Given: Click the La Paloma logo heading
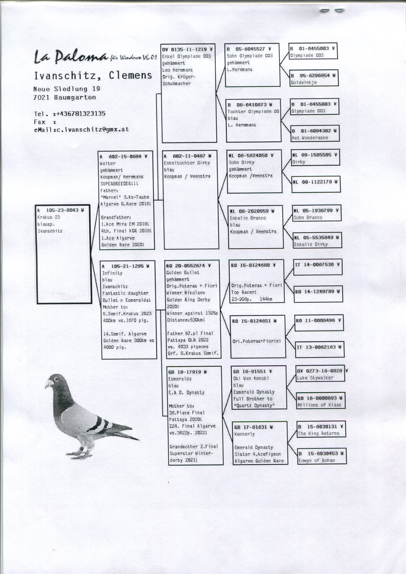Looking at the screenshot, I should (x=70, y=56).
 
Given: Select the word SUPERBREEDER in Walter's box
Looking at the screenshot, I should (x=117, y=184).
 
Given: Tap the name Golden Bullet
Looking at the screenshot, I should (x=183, y=273).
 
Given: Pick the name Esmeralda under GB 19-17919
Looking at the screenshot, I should (x=180, y=379).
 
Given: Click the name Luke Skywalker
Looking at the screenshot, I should (x=315, y=378).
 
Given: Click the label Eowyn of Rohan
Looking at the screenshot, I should (x=316, y=460).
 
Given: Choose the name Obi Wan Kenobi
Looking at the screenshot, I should (x=251, y=378).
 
